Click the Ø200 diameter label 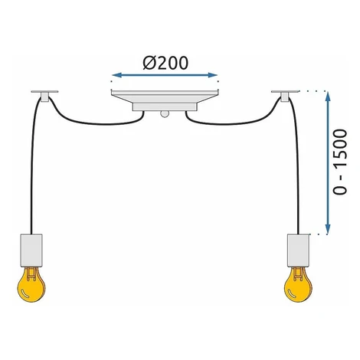pyautogui.click(x=165, y=63)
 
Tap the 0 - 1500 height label pyautogui.click(x=341, y=162)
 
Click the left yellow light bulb pyautogui.click(x=31, y=284)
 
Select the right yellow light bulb pyautogui.click(x=298, y=284)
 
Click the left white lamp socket pyautogui.click(x=31, y=250)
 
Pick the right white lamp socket pyautogui.click(x=299, y=250)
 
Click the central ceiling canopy pyautogui.click(x=165, y=100)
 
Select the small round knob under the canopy pyautogui.click(x=165, y=114)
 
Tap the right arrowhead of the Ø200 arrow pyautogui.click(x=213, y=75)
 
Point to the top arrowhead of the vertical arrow pyautogui.click(x=328, y=97)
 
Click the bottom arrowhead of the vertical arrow pyautogui.click(x=328, y=229)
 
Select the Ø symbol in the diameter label pyautogui.click(x=149, y=63)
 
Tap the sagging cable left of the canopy pyautogui.click(x=97, y=124)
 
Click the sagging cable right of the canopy pyautogui.click(x=232, y=124)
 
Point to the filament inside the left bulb pyautogui.click(x=31, y=274)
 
